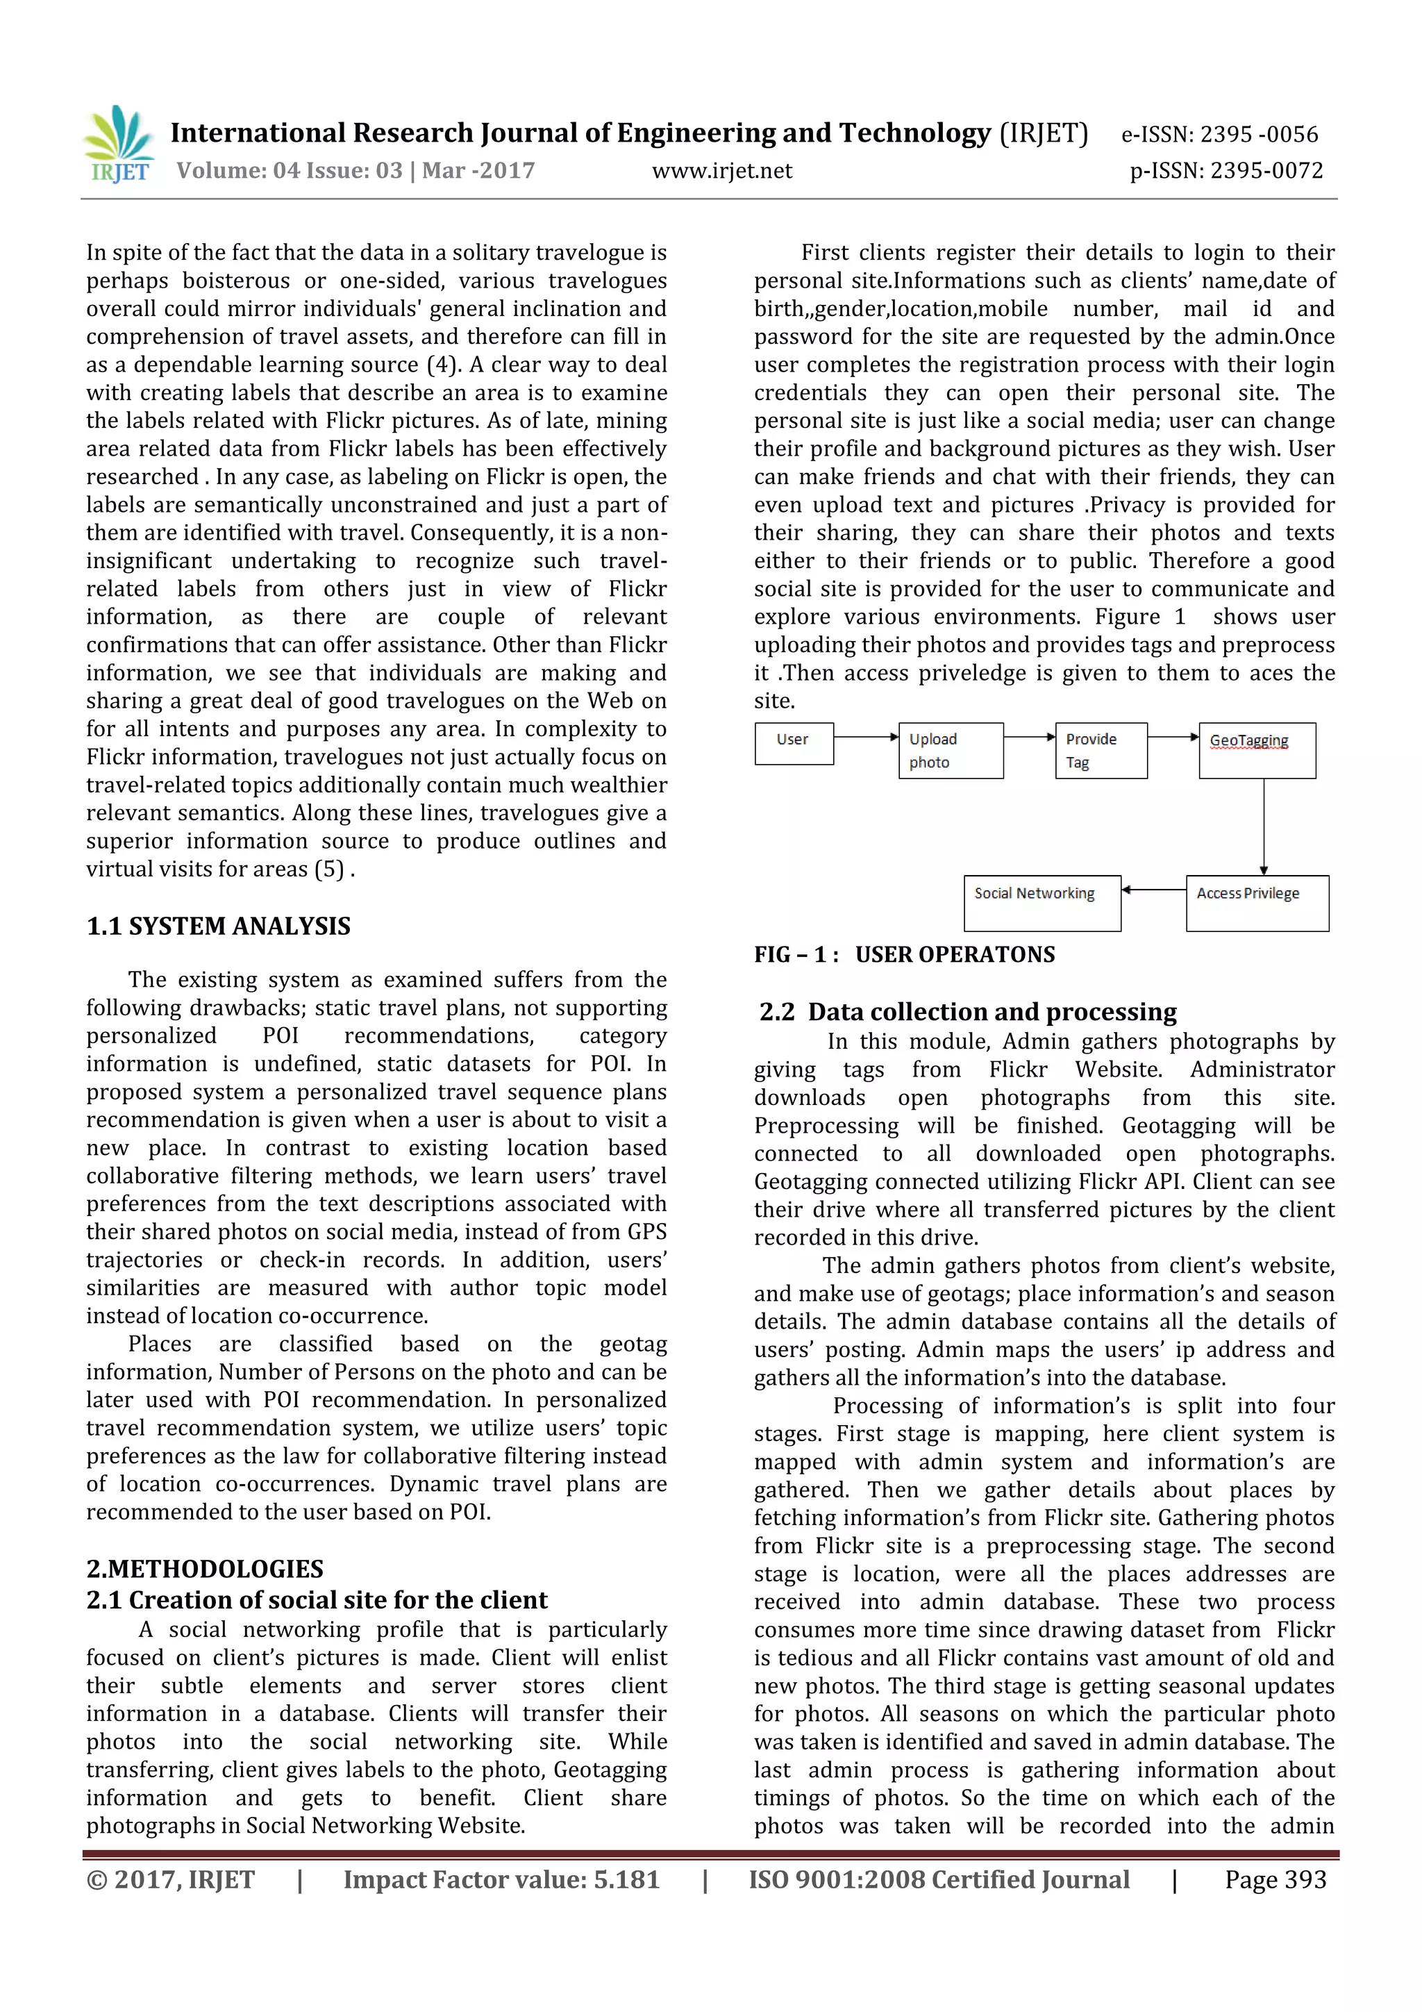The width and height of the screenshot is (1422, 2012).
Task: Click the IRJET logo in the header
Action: coord(118,144)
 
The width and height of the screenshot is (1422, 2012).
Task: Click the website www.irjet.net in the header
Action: coord(721,171)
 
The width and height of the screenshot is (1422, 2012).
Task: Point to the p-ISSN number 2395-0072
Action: coord(1226,170)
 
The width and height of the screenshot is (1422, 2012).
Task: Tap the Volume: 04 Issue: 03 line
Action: coord(355,170)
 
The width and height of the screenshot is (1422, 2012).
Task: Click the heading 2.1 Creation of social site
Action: coord(317,1599)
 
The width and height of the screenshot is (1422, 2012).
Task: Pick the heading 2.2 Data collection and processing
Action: coord(967,1011)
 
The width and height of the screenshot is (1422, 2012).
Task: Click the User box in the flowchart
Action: coord(793,743)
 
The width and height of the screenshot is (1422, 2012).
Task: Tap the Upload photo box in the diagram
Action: coord(950,750)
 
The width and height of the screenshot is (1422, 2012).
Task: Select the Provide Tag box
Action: coord(1101,750)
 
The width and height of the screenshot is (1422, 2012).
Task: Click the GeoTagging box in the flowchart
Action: coord(1257,750)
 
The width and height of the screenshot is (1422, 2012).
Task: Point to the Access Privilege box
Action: coord(1257,903)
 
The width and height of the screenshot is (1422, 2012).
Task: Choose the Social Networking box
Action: coord(1041,903)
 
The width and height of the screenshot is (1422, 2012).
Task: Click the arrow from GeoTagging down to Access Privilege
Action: coord(1264,826)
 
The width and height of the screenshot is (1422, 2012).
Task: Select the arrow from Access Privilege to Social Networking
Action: coord(1153,890)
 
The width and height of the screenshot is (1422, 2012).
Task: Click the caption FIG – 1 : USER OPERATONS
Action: coord(904,954)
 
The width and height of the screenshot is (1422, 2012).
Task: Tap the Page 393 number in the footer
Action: coord(1275,1879)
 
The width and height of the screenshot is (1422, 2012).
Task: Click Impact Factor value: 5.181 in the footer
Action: coord(501,1879)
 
